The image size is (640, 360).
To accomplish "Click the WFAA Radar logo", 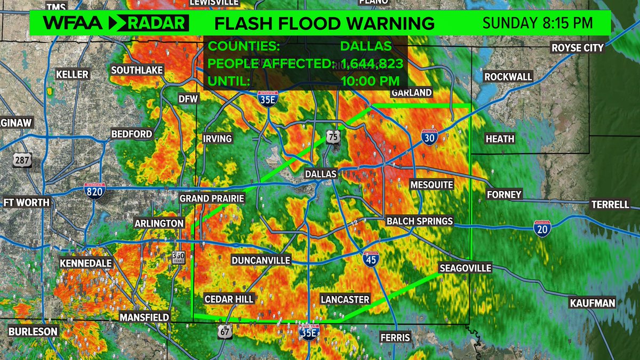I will [116, 23].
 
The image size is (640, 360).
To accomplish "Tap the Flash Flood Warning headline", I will [324, 23].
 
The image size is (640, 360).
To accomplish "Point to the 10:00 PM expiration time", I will [370, 81].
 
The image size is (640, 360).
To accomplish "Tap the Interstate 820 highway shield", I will [94, 190].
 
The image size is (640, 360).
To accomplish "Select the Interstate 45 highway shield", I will [372, 259].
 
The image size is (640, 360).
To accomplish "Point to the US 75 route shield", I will [333, 137].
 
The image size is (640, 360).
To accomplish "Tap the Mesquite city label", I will [431, 185].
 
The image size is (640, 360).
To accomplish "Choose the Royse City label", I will [578, 47].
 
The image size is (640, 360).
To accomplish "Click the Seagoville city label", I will [465, 268].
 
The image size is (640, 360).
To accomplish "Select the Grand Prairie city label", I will [212, 198].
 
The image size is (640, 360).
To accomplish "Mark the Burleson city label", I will [33, 331].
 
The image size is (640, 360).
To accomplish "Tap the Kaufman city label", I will [592, 303].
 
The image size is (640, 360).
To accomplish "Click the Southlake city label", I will [137, 70].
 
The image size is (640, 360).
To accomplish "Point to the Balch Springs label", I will [419, 221].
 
